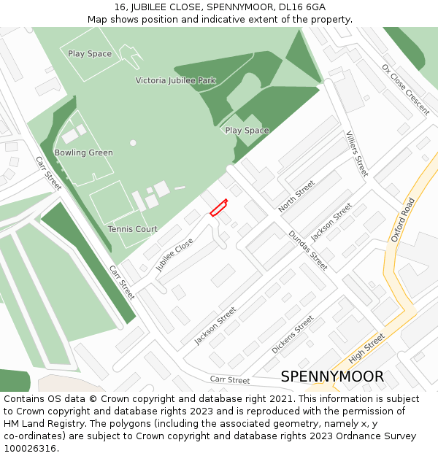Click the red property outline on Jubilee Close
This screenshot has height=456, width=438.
[x=218, y=208]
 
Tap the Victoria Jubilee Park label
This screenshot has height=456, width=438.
[x=175, y=80]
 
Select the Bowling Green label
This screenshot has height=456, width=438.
[x=83, y=152]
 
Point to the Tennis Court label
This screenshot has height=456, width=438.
[x=132, y=229]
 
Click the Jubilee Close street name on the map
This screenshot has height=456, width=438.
[x=174, y=255]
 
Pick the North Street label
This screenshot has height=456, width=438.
[x=296, y=196]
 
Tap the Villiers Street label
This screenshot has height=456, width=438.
[x=356, y=153]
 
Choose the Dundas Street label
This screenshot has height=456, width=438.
[x=307, y=250]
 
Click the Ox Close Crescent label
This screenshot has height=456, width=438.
[x=405, y=90]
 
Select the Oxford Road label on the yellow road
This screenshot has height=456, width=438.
[x=402, y=220]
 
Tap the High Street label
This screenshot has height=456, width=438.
[x=366, y=348]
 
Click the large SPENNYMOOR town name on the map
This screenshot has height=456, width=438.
[x=332, y=376]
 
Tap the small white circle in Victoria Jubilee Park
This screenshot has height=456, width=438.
[x=133, y=143]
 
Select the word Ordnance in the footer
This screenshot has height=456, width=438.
[x=356, y=436]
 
